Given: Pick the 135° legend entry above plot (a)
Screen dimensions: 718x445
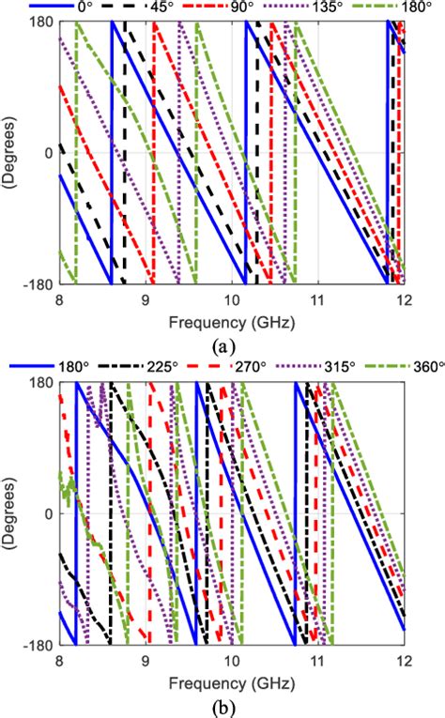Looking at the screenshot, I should click(328, 8).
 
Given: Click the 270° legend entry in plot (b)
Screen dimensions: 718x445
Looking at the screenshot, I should click(249, 367).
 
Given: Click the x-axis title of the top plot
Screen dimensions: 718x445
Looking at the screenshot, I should click(232, 323).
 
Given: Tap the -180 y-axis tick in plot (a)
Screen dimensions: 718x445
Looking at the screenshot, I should click(36, 283).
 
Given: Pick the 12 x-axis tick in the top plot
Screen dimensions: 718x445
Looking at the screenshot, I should click(404, 300).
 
